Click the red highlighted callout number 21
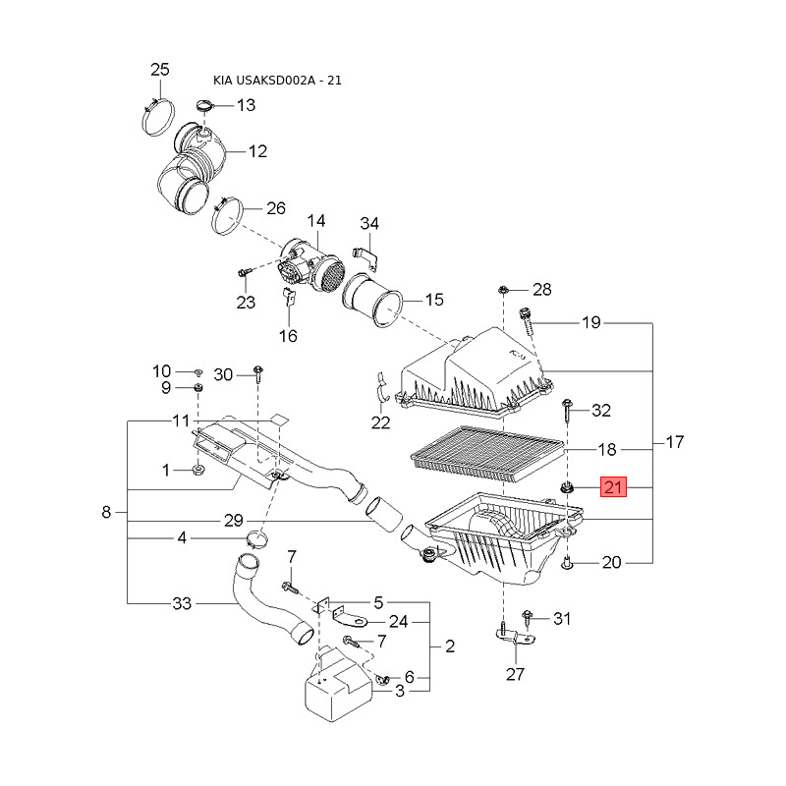point(613,486)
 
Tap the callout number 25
point(160,69)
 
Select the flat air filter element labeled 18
point(487,454)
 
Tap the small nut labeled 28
point(503,290)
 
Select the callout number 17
point(675,441)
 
